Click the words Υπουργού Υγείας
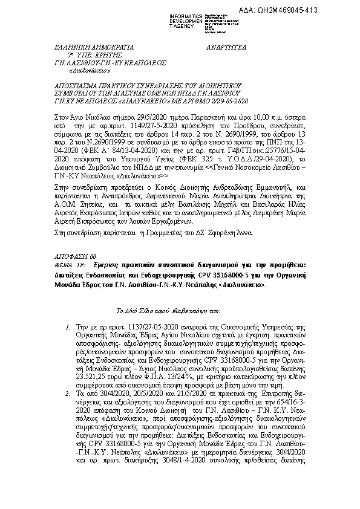coord(157,140)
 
